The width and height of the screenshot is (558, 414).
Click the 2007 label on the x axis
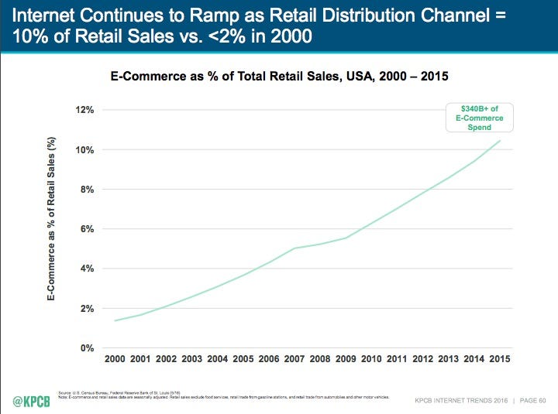[294, 359]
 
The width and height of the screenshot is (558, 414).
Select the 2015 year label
[499, 359]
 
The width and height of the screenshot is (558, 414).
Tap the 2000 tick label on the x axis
[115, 359]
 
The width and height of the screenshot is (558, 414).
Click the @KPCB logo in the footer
[30, 401]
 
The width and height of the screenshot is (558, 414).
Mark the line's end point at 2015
[499, 140]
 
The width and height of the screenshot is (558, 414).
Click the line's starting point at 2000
[115, 320]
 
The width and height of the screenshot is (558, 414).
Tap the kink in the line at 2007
[294, 248]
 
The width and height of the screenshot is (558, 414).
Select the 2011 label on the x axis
[397, 359]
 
